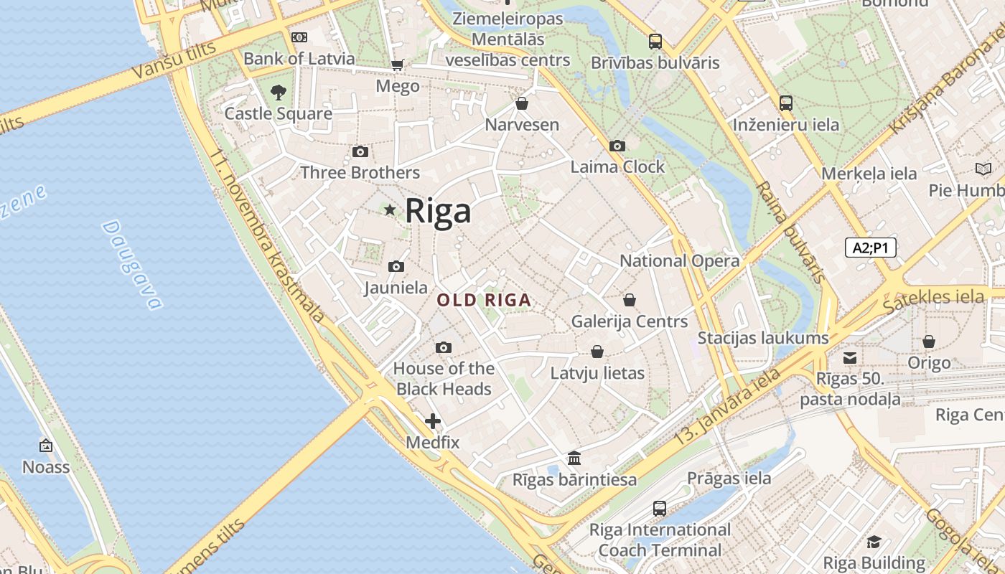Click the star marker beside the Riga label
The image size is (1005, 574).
[390, 210]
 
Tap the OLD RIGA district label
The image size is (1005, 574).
[485, 300]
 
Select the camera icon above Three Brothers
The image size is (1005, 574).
[360, 151]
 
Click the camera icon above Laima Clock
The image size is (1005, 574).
[617, 146]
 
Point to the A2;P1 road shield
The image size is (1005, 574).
[870, 248]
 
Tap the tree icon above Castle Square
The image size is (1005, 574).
[279, 92]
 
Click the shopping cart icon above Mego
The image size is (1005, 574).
[397, 65]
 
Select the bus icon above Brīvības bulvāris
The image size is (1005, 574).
[655, 42]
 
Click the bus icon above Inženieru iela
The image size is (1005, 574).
[786, 103]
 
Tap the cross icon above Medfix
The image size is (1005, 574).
[432, 421]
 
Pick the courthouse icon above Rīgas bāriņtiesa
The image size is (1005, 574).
[574, 458]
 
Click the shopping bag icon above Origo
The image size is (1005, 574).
[929, 342]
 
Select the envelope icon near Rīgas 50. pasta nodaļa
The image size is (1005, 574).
[850, 357]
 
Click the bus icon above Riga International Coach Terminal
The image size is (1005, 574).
[660, 509]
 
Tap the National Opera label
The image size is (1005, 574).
[679, 260]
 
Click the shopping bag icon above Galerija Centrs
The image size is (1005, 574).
[630, 300]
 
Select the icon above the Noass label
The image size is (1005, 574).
[46, 446]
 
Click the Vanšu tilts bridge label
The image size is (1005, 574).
[174, 60]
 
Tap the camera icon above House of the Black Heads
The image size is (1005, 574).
[444, 348]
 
